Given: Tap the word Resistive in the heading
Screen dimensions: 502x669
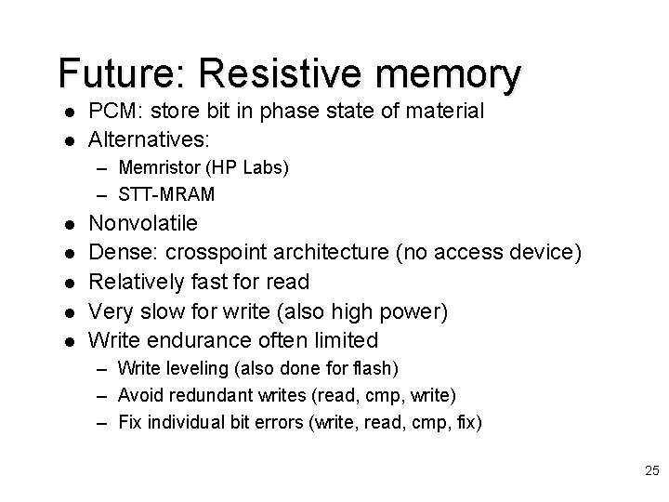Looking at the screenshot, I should tap(282, 73).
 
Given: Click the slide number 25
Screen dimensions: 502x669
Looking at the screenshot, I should tap(650, 472).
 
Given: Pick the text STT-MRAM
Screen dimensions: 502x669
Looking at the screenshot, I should tap(166, 193).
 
